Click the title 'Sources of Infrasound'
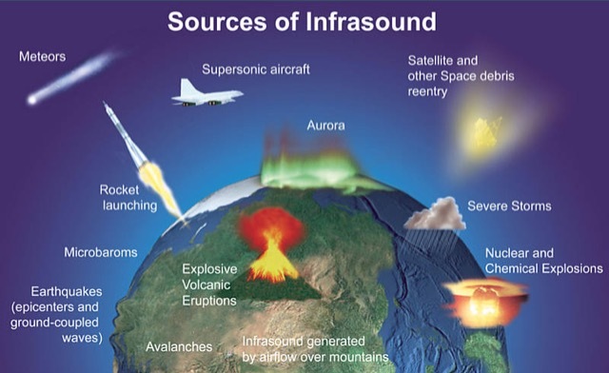point(302,21)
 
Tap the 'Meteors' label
point(43,57)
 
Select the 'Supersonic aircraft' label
point(256,69)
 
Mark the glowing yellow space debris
point(486,134)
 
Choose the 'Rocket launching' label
point(128,198)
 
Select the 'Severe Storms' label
point(509,206)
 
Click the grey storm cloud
point(435,216)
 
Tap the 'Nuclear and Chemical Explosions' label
point(542,262)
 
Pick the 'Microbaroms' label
point(101,253)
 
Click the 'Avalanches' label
point(179,346)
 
